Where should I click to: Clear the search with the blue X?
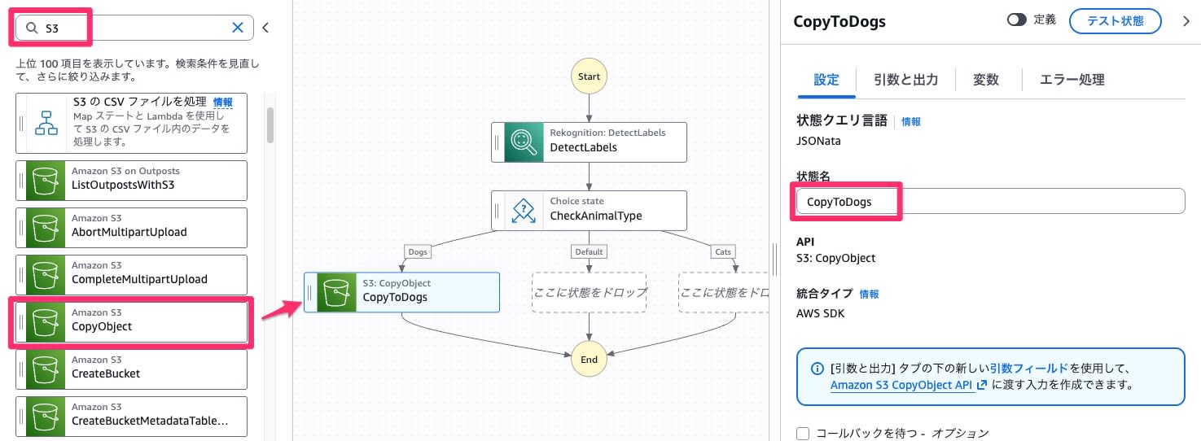click(x=238, y=28)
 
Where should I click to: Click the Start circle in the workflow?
click(x=589, y=76)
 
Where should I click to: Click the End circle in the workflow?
click(x=589, y=360)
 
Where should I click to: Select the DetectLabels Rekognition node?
click(x=589, y=142)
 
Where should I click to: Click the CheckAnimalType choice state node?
click(x=589, y=211)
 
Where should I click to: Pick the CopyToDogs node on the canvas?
click(x=401, y=291)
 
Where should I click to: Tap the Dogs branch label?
click(x=418, y=252)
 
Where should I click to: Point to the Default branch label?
click(x=589, y=252)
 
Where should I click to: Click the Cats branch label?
click(x=723, y=252)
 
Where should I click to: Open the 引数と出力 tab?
click(x=905, y=80)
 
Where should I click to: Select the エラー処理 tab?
click(x=1072, y=80)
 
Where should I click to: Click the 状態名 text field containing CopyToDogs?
click(x=989, y=202)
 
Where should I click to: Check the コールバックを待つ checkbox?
click(x=803, y=434)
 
